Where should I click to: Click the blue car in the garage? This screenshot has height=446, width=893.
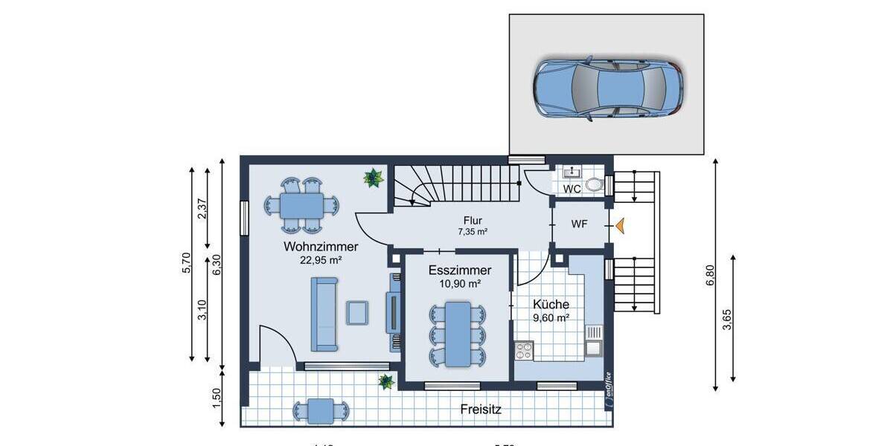point(607,88)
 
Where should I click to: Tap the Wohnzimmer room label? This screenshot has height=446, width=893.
point(321,247)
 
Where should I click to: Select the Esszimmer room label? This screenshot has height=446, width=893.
point(459,271)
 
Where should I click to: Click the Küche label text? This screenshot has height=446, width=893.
point(551,304)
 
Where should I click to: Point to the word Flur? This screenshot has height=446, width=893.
point(473,221)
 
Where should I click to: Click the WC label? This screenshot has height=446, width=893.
point(572,189)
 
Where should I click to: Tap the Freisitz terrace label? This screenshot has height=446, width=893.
point(481,409)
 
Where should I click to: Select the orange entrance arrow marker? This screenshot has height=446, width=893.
point(618,225)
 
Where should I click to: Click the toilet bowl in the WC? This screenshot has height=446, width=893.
point(594,184)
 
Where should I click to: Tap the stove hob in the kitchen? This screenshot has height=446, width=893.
point(524,350)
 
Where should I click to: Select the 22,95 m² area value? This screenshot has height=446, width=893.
point(321,260)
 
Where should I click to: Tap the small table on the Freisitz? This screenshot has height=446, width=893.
point(321,410)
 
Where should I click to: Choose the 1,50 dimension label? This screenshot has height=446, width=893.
point(217,398)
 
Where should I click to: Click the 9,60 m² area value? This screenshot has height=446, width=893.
point(551,317)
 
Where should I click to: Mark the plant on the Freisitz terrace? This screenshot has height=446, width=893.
point(386,382)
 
